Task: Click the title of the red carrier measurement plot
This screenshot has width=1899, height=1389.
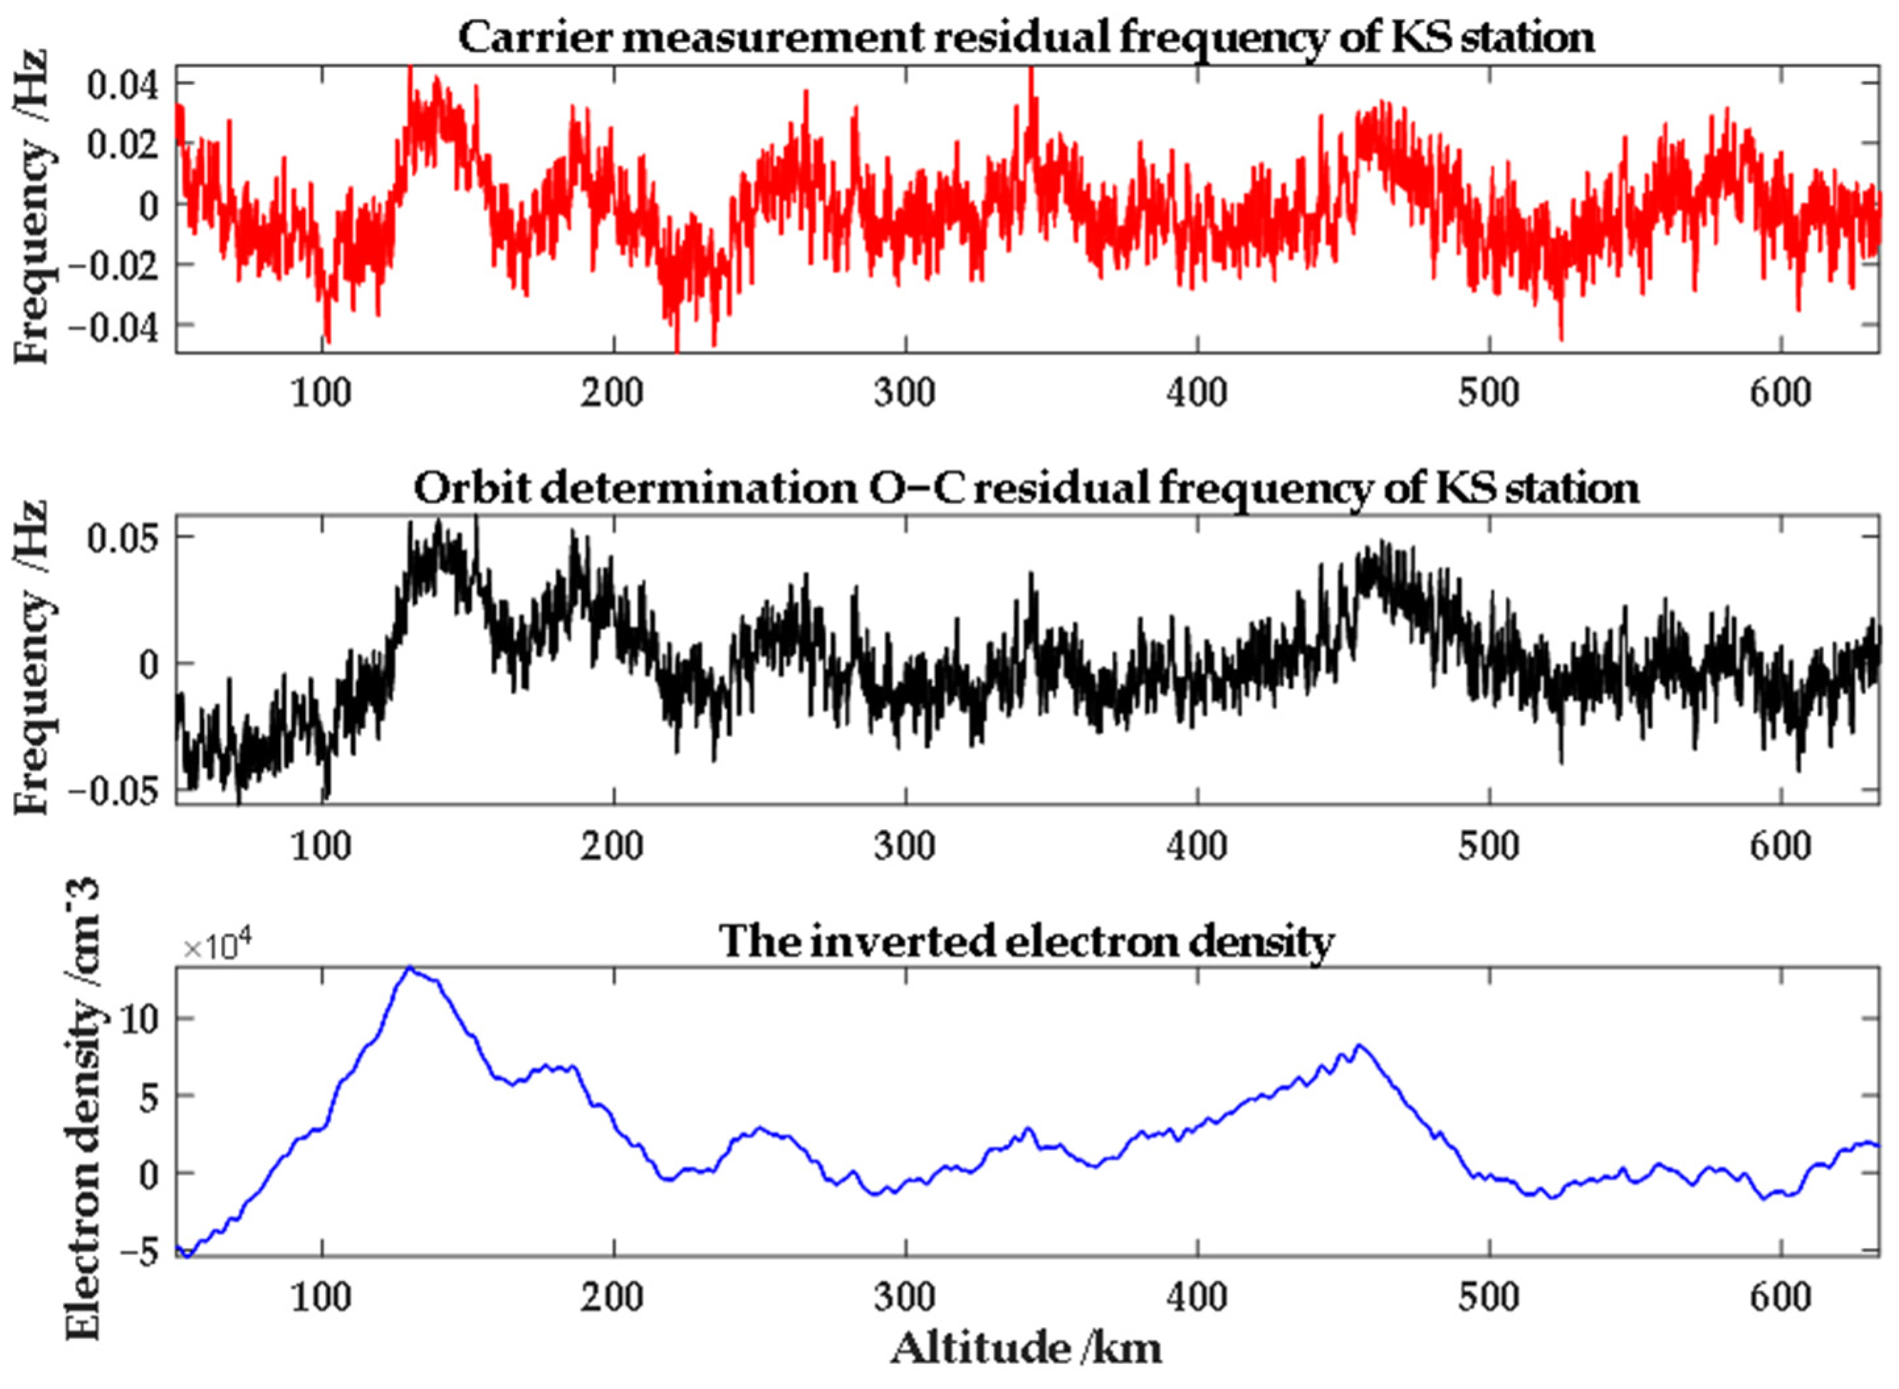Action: (1025, 38)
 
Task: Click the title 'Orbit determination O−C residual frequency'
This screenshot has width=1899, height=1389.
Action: (1025, 488)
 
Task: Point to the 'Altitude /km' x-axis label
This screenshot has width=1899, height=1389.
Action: (1025, 1350)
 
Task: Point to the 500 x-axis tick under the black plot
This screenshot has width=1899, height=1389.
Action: (1488, 845)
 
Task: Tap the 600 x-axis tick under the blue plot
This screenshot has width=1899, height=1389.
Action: (1780, 1298)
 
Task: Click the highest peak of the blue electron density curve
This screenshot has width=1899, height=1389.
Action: (409, 968)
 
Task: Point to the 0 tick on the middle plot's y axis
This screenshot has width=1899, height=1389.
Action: (148, 664)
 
